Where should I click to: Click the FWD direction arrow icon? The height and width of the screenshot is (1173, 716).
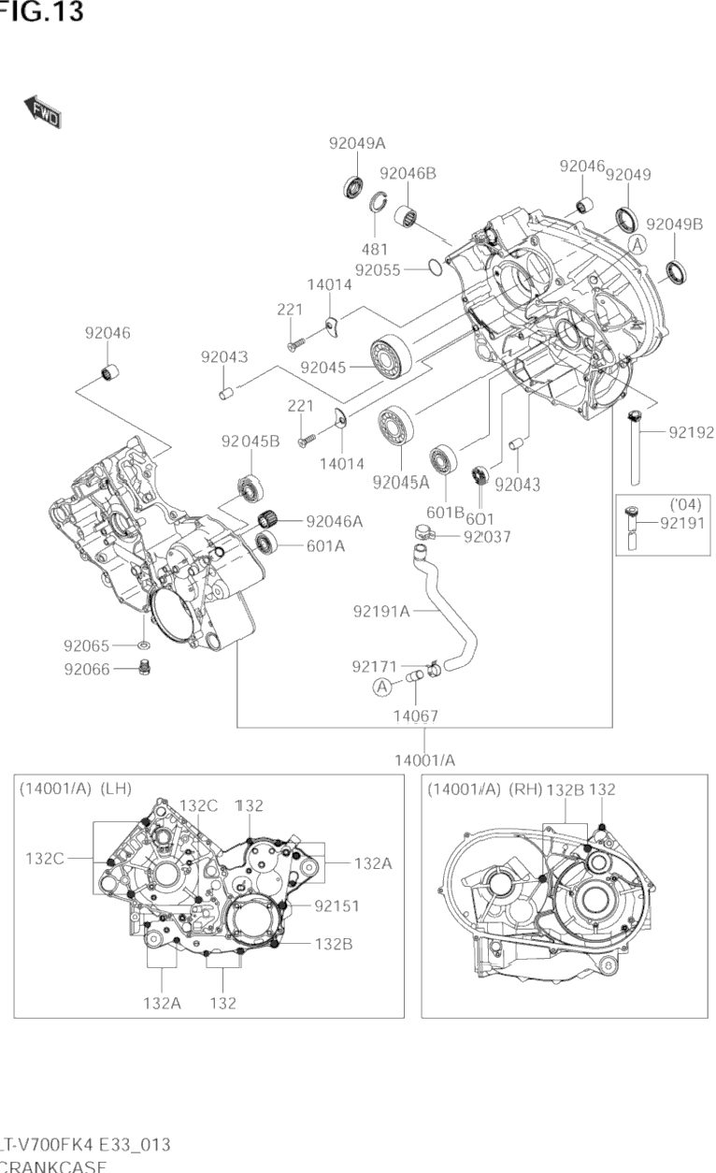click(43, 111)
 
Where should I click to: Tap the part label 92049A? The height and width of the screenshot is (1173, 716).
click(357, 143)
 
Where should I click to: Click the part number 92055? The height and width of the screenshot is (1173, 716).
click(378, 269)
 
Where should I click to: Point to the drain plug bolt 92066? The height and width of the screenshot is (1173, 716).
click(143, 667)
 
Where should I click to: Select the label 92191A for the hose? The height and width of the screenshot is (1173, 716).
click(381, 612)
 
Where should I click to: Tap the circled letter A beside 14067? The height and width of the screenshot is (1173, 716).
click(381, 688)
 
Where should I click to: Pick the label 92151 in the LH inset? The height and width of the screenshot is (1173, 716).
click(337, 905)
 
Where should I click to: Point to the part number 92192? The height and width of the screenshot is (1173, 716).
click(691, 432)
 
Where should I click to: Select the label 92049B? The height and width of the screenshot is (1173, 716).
click(674, 224)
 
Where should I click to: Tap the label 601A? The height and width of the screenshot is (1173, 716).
click(325, 546)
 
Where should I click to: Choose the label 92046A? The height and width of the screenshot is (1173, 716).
click(334, 521)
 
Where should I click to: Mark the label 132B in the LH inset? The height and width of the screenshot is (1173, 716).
click(333, 945)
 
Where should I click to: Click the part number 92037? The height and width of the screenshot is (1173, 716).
click(487, 537)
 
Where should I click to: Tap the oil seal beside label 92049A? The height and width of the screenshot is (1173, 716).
click(352, 186)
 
